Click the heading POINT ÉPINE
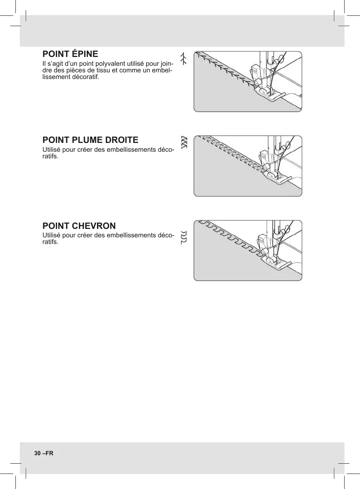tap(70, 54)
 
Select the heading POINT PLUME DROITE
tap(90, 140)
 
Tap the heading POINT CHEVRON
tap(79, 226)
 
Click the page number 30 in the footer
tap(37, 453)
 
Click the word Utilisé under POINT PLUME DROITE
tap(52, 150)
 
